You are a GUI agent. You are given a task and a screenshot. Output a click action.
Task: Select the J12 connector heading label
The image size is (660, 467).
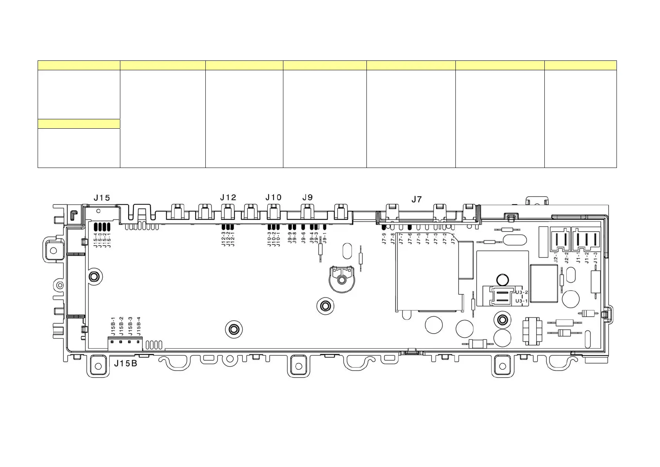(x=228, y=197)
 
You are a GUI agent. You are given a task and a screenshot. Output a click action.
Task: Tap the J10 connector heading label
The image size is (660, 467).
(x=273, y=197)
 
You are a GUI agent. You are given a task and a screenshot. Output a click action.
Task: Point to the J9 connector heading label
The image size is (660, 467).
(x=308, y=197)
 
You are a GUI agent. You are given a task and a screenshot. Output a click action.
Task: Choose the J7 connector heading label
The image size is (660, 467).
(x=417, y=199)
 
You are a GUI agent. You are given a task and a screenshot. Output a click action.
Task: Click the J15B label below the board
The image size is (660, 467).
(x=125, y=363)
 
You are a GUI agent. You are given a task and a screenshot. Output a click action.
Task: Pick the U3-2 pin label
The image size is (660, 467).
(x=522, y=293)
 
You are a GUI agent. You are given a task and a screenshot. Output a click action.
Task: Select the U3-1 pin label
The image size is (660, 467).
(x=522, y=301)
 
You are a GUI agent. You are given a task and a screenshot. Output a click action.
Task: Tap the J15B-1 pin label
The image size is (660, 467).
(x=112, y=326)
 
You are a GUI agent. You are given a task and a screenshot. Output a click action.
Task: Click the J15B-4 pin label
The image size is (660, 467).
(x=138, y=326)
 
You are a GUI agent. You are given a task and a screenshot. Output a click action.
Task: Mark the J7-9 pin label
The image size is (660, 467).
(x=384, y=239)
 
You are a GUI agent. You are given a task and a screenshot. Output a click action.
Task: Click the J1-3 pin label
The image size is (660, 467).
(x=595, y=257)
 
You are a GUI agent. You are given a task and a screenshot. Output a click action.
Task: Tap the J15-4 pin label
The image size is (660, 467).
(x=96, y=239)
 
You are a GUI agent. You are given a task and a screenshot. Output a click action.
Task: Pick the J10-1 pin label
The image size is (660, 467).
(x=278, y=239)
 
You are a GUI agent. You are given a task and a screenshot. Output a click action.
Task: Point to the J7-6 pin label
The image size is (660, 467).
(x=410, y=239)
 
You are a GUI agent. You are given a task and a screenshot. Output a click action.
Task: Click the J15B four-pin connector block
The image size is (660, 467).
(x=125, y=343)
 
